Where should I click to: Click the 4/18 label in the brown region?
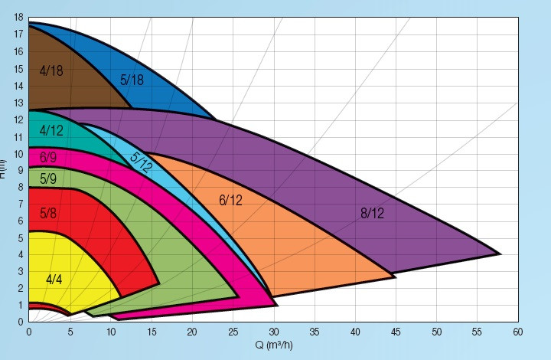51,70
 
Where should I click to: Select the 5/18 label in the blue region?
132,79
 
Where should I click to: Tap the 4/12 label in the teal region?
51,129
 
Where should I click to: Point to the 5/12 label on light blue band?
141,163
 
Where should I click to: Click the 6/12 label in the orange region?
230,201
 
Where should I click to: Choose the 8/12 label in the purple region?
372,213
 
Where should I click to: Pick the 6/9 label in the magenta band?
47,157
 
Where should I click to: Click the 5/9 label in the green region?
47,179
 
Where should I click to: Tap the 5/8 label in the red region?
47,213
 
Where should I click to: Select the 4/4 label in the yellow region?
54,279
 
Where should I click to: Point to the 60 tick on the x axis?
518,332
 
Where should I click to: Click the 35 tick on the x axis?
315,332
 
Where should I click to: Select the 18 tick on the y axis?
18,18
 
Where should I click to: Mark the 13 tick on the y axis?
18,103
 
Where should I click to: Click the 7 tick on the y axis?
21,204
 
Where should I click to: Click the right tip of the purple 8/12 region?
500,254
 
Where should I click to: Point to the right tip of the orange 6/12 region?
395,276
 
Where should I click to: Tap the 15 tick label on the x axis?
151,332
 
